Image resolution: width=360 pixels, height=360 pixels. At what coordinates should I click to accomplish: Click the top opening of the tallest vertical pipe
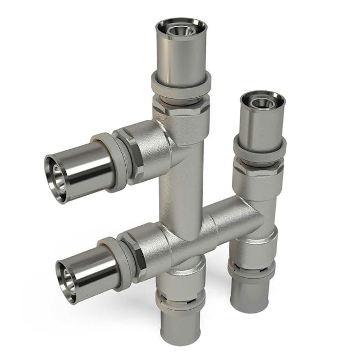pos(181,28)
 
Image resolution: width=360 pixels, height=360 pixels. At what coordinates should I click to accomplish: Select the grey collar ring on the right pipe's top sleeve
pos(259,149)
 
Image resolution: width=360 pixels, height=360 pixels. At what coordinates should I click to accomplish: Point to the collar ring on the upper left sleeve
pos(115,163)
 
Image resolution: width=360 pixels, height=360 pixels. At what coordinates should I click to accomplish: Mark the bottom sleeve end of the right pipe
pos(250,297)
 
